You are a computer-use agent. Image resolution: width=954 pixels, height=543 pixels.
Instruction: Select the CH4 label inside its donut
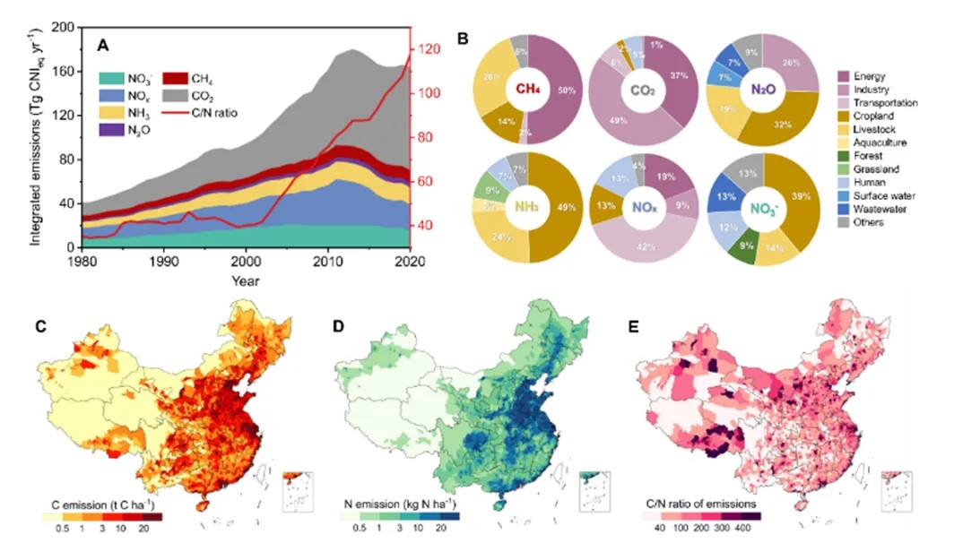(527, 89)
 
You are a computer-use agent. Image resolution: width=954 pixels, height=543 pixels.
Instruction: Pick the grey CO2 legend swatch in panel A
(175, 92)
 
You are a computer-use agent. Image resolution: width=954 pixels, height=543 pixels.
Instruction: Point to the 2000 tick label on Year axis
(246, 262)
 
